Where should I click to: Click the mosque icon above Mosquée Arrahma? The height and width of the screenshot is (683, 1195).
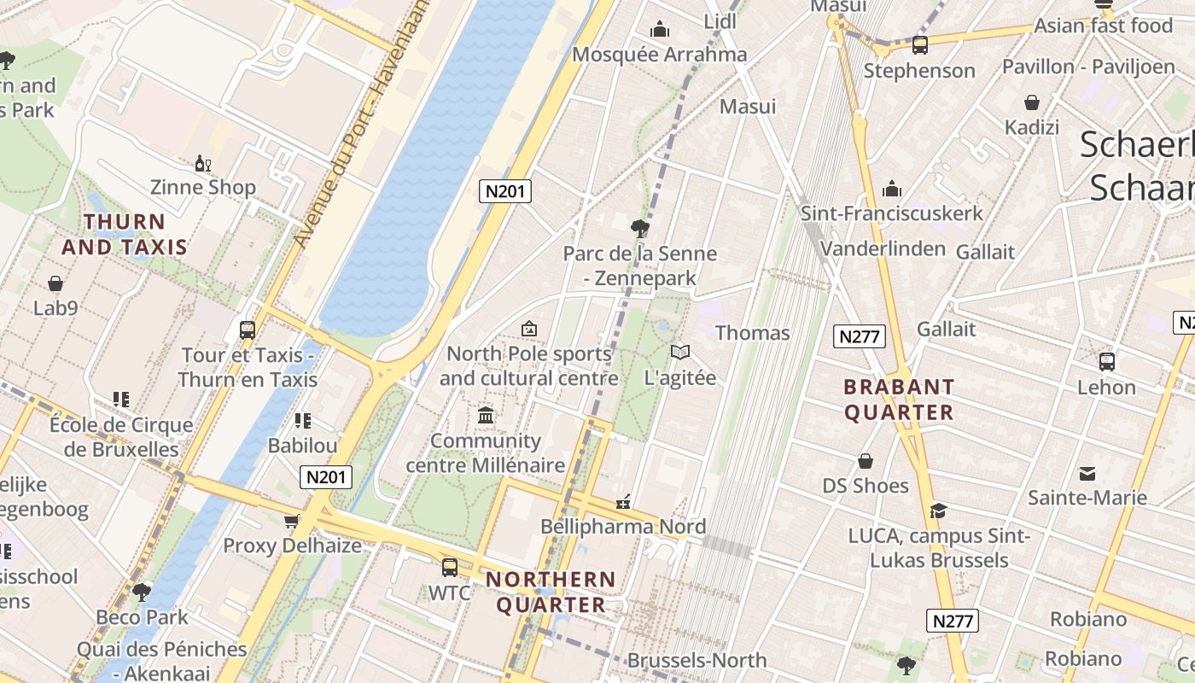point(659,30)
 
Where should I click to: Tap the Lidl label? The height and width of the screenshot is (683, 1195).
point(720,21)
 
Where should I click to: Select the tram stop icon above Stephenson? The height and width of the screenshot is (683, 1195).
point(919,44)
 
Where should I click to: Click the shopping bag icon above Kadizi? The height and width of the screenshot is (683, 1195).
point(1032,103)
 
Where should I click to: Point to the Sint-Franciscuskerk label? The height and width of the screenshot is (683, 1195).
point(891,213)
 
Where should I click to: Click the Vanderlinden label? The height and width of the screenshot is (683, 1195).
point(883,248)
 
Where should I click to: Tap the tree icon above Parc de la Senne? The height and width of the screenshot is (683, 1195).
point(638,228)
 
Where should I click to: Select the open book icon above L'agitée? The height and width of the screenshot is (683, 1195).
point(679,352)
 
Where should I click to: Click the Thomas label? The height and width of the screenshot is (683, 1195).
point(752,333)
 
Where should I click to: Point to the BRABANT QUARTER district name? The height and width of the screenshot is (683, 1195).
point(899,400)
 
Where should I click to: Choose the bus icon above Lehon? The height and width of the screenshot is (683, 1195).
point(1106,361)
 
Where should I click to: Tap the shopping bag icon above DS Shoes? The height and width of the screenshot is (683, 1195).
point(866,461)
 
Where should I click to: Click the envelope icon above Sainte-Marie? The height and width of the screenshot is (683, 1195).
point(1087,473)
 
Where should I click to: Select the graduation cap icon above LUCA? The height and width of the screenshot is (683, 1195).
point(938,511)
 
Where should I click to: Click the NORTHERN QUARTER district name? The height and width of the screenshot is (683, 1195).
point(551,592)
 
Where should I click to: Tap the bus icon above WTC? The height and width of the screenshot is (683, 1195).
point(449,567)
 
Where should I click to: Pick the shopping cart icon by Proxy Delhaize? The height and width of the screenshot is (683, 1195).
point(292,521)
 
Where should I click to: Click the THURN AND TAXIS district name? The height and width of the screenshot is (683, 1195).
point(125,234)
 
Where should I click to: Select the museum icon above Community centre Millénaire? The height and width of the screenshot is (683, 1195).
point(486,416)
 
